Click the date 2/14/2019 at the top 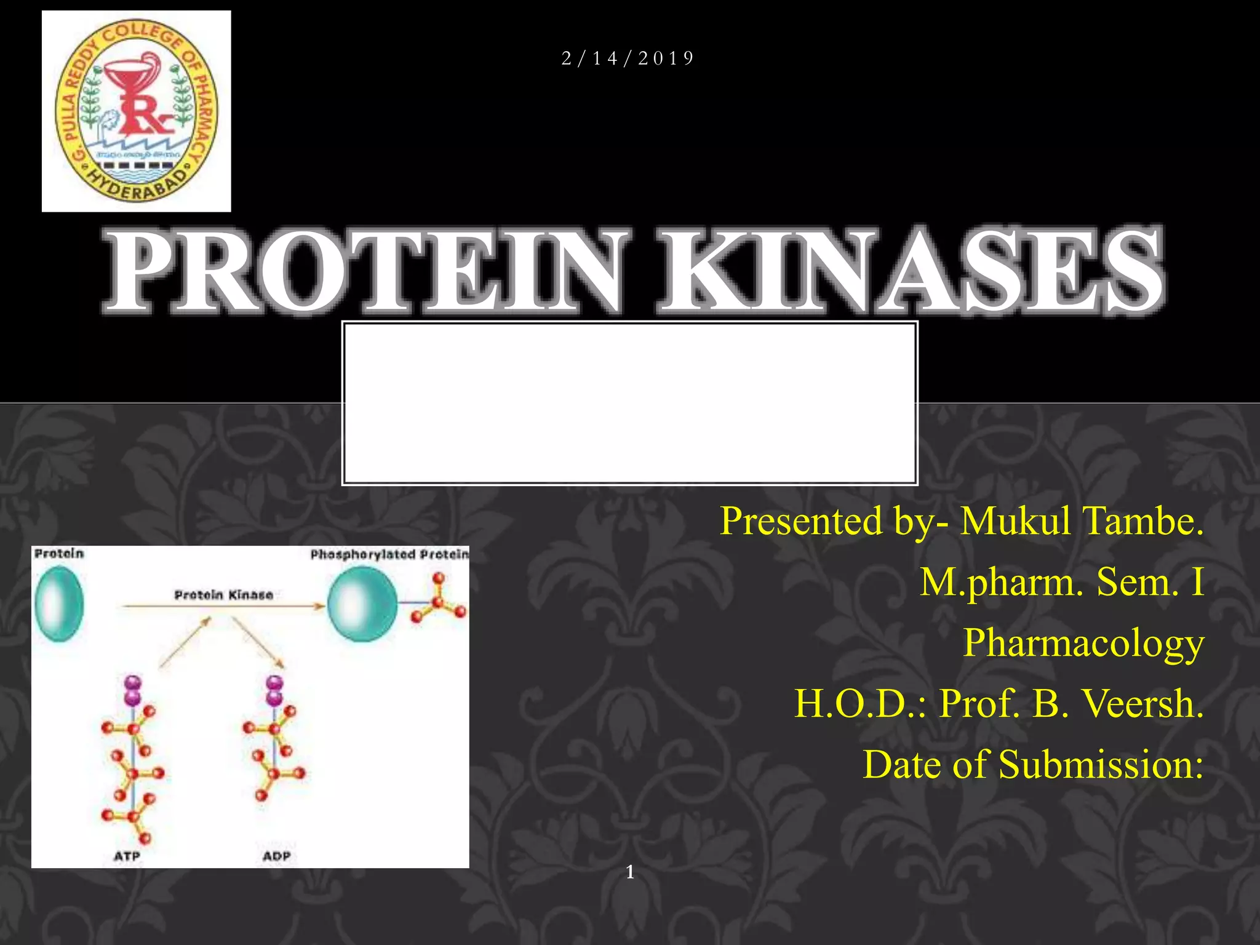point(628,58)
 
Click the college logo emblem point(136,111)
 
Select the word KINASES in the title point(911,271)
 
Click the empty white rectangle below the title point(629,403)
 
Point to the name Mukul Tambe point(1081,521)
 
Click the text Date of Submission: point(1032,764)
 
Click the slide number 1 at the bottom point(629,871)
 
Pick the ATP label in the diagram point(127,856)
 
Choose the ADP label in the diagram point(276,856)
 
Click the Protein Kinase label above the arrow point(223,594)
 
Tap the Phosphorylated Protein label point(389,554)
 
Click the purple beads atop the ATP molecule point(133,690)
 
